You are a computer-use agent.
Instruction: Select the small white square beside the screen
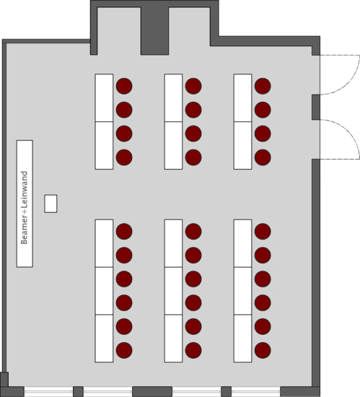click(x=51, y=204)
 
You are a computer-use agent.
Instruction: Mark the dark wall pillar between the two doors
click(x=316, y=107)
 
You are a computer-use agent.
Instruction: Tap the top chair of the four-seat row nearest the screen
click(x=124, y=86)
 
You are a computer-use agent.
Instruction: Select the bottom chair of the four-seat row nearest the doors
click(x=263, y=157)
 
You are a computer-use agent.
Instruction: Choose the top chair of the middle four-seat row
click(x=193, y=86)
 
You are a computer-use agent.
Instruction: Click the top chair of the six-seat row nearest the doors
click(x=263, y=232)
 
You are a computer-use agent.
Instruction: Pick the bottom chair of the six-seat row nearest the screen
click(x=124, y=350)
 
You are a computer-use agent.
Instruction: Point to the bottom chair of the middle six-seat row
click(x=193, y=350)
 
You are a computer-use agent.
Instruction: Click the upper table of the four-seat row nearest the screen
click(x=104, y=97)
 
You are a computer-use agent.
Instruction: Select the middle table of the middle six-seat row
click(x=173, y=291)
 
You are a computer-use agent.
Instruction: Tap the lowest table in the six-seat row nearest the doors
click(x=242, y=339)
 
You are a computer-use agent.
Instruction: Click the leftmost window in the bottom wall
click(x=48, y=392)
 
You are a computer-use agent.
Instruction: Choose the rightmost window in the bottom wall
click(x=256, y=392)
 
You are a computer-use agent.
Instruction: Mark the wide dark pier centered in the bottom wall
click(x=152, y=392)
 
